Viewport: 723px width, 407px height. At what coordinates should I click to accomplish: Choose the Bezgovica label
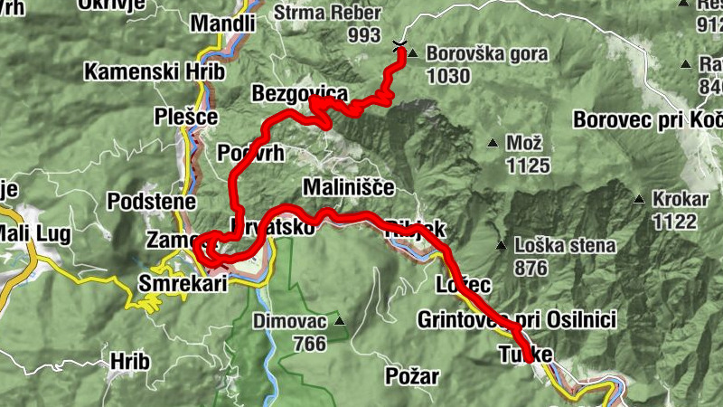[x=299, y=94]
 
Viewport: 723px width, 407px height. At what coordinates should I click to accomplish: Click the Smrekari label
[x=181, y=283]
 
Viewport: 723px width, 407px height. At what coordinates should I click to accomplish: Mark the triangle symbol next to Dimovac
[x=340, y=321]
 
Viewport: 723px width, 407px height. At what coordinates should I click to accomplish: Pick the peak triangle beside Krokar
[x=639, y=199]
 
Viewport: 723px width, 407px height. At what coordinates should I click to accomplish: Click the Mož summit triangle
[x=493, y=143]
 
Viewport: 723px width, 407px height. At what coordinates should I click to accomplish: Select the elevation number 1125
[x=529, y=166]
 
